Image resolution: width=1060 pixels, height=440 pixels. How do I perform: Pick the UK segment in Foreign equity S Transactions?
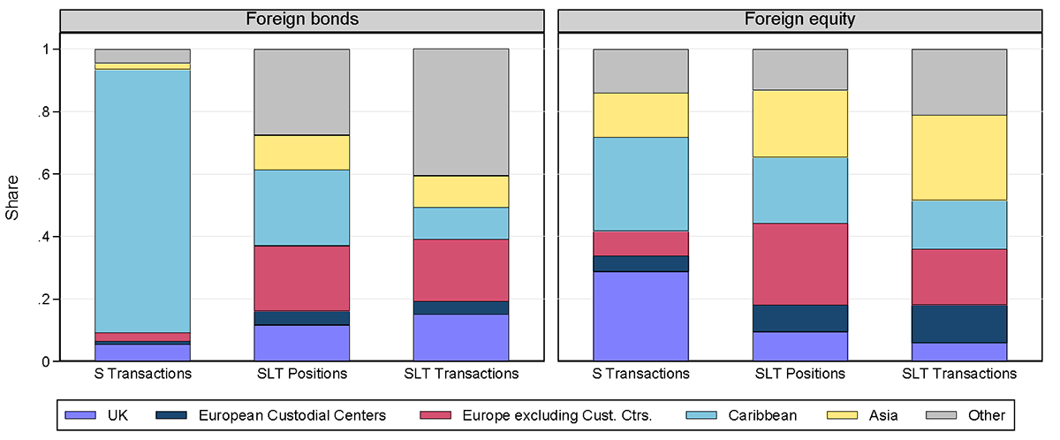tap(640, 316)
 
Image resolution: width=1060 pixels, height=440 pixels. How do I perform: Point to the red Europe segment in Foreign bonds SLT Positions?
tap(302, 278)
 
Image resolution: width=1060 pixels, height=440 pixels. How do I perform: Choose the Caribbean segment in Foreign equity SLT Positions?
tap(799, 190)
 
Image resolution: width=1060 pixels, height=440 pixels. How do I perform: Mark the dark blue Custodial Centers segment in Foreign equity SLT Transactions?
tap(958, 323)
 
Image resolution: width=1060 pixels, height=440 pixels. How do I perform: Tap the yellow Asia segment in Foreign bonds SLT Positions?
tap(302, 152)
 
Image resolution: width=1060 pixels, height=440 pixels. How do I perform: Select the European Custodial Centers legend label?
tap(291, 413)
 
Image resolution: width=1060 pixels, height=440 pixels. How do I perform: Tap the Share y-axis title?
tap(12, 205)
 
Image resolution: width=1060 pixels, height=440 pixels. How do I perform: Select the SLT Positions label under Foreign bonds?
tap(302, 374)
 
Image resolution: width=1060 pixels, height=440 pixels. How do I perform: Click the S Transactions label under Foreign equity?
tap(640, 374)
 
